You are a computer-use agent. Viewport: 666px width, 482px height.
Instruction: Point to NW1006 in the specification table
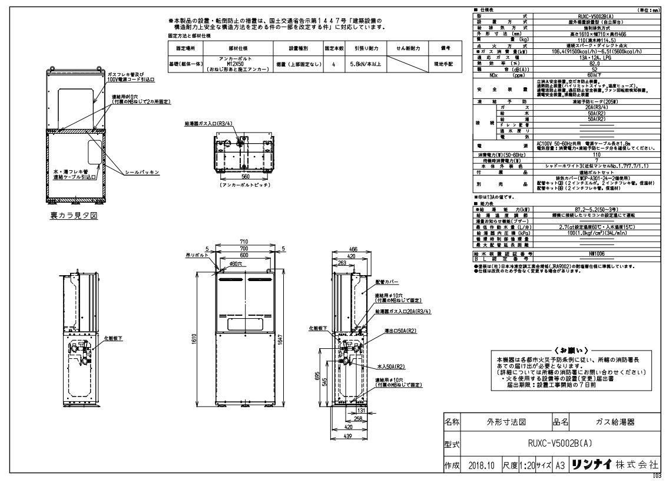coord(595,253)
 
